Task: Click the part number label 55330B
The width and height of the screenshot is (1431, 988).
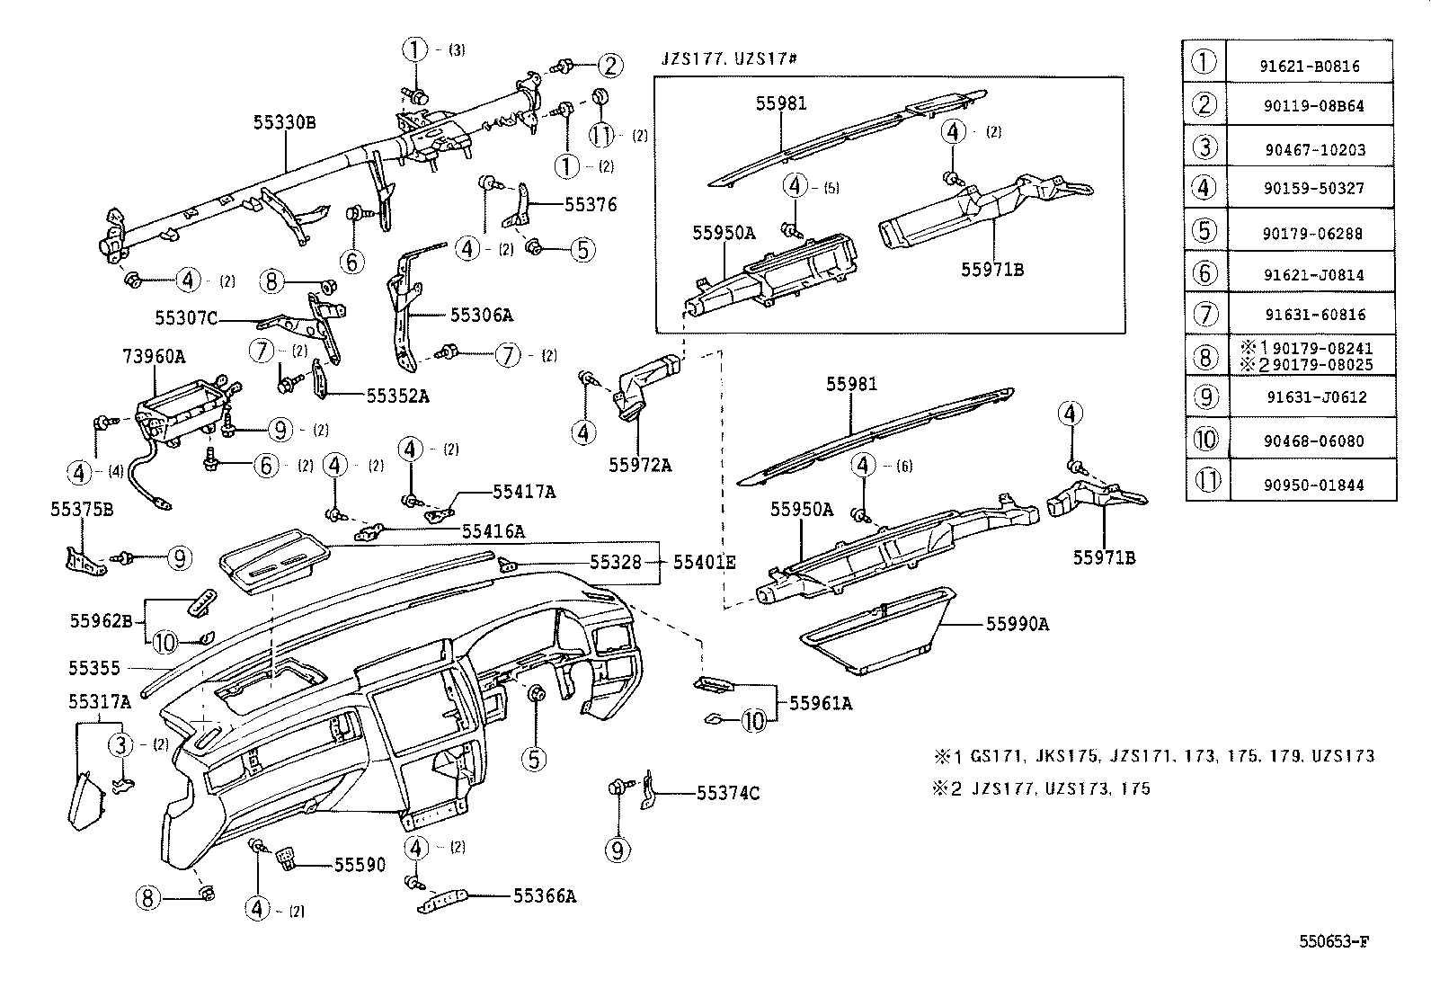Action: [x=284, y=122]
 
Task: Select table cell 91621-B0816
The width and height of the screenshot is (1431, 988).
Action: [x=1312, y=67]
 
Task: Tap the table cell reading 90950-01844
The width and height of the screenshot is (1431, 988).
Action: [x=1312, y=485]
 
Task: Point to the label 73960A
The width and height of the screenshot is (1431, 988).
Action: [x=154, y=357]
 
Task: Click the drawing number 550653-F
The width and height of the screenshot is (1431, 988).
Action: [x=1334, y=942]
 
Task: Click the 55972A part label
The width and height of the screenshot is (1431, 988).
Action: [x=640, y=466]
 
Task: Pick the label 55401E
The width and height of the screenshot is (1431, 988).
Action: [x=705, y=563]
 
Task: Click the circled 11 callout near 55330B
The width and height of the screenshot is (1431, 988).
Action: [x=600, y=136]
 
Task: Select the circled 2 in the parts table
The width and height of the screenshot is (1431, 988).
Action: [x=1204, y=104]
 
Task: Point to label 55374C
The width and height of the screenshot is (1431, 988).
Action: [x=728, y=793]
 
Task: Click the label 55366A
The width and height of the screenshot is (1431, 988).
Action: [x=545, y=896]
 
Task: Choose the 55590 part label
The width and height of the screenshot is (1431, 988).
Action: [x=360, y=865]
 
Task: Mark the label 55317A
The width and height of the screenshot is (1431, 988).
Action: [x=100, y=702]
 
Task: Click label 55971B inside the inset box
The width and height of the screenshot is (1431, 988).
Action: [x=992, y=269]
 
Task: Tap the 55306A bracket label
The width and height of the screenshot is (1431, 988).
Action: [x=481, y=315]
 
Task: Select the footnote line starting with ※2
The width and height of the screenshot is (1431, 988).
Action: [x=1041, y=789]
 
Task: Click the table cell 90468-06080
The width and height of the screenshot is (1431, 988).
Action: [x=1312, y=441]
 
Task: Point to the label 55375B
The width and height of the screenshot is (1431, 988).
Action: [x=82, y=510]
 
